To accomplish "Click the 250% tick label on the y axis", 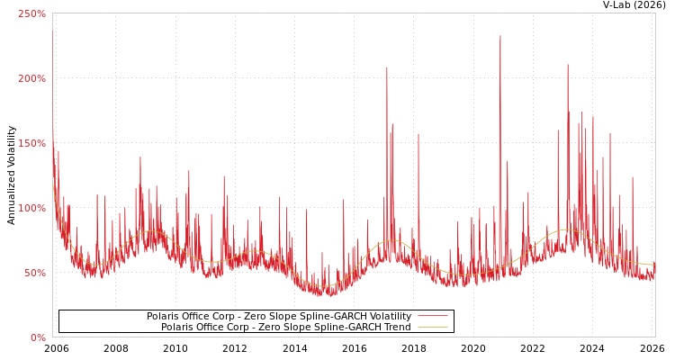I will [31, 13].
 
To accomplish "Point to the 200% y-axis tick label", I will [31, 78].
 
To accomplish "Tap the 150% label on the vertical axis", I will [31, 143].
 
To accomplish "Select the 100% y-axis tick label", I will [31, 208].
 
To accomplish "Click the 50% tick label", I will [34, 273].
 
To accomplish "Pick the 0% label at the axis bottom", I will [38, 337].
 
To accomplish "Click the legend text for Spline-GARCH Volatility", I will [279, 316].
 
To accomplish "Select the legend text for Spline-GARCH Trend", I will [286, 327].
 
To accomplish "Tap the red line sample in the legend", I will [432, 316].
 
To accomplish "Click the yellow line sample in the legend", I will [432, 327].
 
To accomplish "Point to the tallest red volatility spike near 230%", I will [500, 37].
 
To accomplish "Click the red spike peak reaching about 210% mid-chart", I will [387, 67].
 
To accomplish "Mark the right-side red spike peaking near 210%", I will [568, 65].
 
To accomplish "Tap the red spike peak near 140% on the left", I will [140, 157].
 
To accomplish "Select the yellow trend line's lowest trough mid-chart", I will [320, 287].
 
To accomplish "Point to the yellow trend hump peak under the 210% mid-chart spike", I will [393, 240].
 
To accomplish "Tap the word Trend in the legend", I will [397, 327].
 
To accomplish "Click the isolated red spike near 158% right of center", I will [418, 135].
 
